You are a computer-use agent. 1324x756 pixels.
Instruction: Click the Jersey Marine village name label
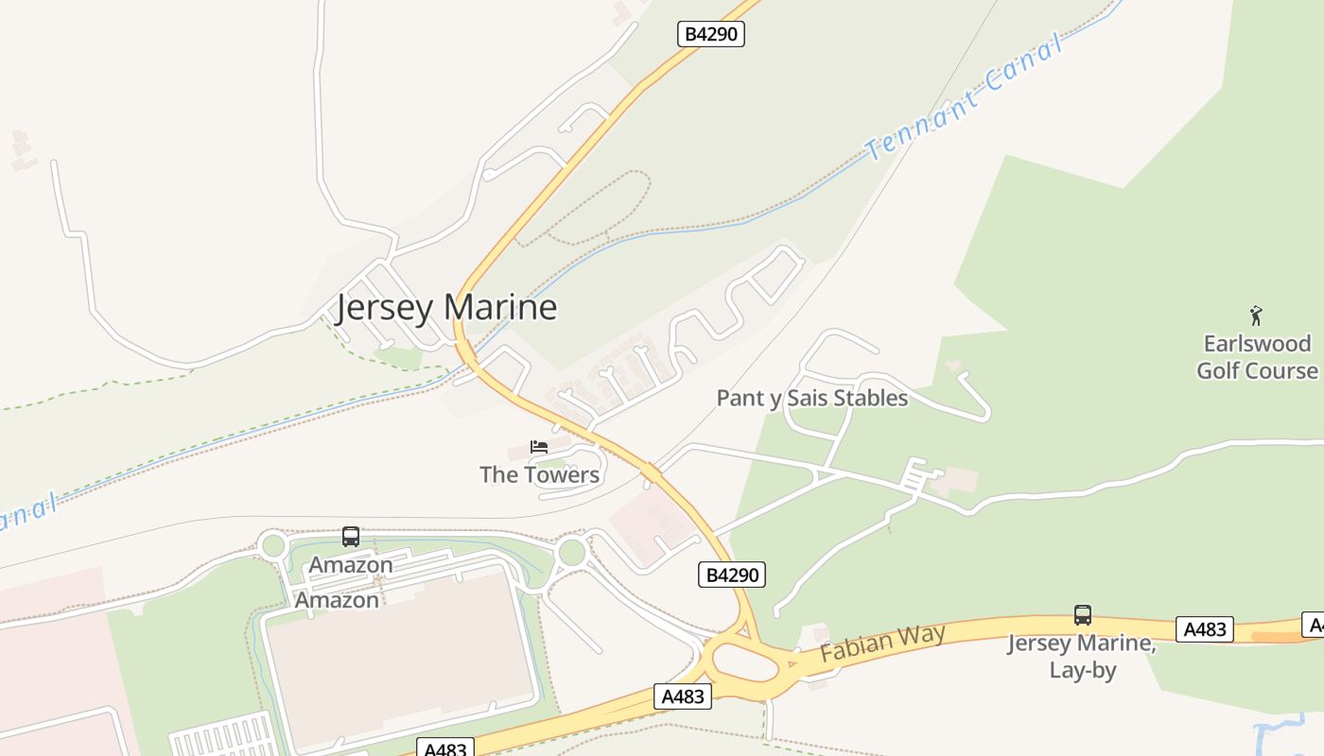[446, 308]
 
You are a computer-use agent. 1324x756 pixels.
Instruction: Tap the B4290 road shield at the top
[711, 34]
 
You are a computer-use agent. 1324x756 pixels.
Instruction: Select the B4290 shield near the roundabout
[731, 574]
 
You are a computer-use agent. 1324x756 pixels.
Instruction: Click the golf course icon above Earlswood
[1256, 316]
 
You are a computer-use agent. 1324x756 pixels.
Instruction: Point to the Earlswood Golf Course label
[1256, 356]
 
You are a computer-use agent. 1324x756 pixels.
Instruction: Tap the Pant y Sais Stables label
[811, 398]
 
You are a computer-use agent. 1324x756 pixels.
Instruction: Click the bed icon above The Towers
[539, 447]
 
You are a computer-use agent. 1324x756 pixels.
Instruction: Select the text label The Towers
[539, 474]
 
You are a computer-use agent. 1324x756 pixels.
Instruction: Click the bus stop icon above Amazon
[351, 537]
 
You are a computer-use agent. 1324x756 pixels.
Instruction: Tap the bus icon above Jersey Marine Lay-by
[1083, 615]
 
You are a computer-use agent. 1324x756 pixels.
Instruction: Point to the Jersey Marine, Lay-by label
[1082, 657]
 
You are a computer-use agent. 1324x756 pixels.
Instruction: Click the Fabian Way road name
[882, 643]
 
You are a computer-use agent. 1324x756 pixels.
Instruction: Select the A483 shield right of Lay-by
[1204, 628]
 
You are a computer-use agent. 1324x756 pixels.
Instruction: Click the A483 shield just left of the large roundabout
[682, 696]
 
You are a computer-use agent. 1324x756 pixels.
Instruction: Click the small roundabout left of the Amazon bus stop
[273, 545]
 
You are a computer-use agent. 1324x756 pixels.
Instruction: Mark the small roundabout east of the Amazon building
[571, 552]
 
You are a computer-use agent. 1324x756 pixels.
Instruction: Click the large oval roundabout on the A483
[746, 661]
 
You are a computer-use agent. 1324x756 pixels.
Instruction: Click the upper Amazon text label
[351, 565]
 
